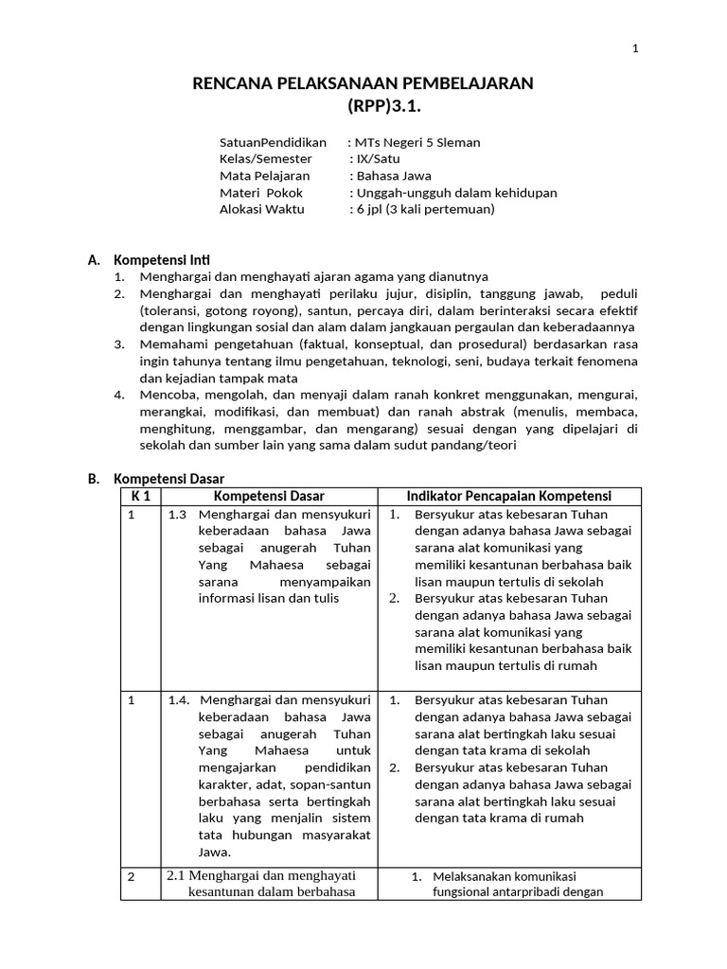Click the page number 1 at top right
point(636,49)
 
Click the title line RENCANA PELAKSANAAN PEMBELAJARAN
point(363,84)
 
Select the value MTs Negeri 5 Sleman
point(417,143)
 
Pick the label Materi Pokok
point(261,193)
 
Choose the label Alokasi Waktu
point(262,209)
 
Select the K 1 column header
point(141,497)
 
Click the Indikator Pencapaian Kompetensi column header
point(508,497)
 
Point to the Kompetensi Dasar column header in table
point(269,497)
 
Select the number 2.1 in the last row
point(175,876)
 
